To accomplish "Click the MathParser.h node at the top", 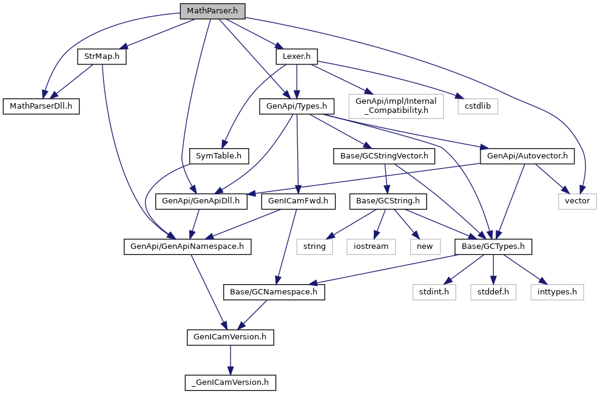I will [x=212, y=11].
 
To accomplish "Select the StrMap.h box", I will [x=101, y=56].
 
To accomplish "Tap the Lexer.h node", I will [x=296, y=56].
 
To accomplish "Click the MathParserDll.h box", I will [x=41, y=106].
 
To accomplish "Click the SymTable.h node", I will [x=218, y=156].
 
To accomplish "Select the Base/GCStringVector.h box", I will [x=384, y=156].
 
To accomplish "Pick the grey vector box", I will [x=578, y=200].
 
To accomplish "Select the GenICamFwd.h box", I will [x=298, y=200].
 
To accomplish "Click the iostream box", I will [x=371, y=246].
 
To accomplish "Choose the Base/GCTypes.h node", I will [x=493, y=246].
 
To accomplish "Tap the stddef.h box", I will [x=493, y=292].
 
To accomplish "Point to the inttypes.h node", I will [x=557, y=292].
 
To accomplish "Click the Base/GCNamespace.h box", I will [x=274, y=292].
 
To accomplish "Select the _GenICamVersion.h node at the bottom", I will [x=230, y=382].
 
